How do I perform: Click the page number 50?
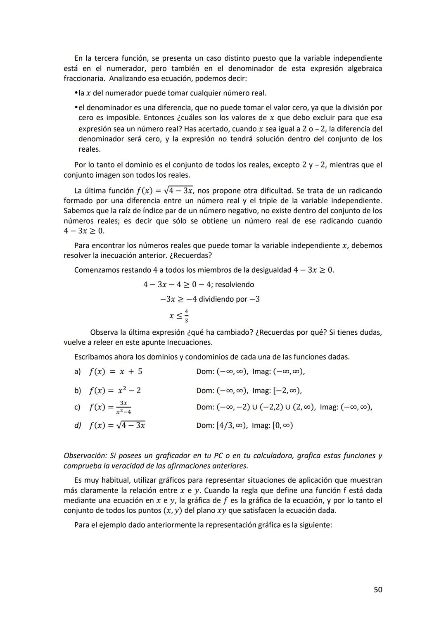(377, 590)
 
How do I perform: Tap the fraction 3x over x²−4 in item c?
(123, 407)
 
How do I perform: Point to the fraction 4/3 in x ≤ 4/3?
(186, 316)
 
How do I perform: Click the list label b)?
(78, 391)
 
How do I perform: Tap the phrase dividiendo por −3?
(229, 299)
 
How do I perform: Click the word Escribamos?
(93, 357)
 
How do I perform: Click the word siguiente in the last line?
(314, 525)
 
